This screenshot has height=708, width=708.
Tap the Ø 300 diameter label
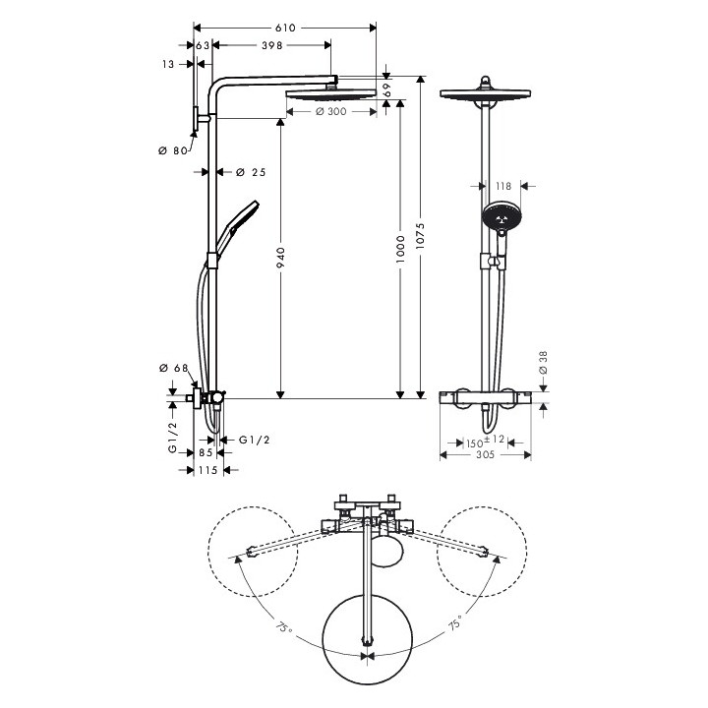pyautogui.click(x=330, y=112)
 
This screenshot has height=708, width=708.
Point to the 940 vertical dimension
pyautogui.click(x=280, y=258)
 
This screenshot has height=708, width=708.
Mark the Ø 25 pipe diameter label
pyautogui.click(x=252, y=173)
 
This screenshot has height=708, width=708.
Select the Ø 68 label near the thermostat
pyautogui.click(x=174, y=368)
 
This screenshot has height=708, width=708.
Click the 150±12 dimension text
pyautogui.click(x=485, y=441)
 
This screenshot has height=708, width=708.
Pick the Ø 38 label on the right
pyautogui.click(x=543, y=363)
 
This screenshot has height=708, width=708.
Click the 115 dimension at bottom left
pyautogui.click(x=206, y=471)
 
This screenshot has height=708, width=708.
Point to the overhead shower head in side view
pyautogui.click(x=330, y=94)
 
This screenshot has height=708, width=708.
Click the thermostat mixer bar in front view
pyautogui.click(x=486, y=398)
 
